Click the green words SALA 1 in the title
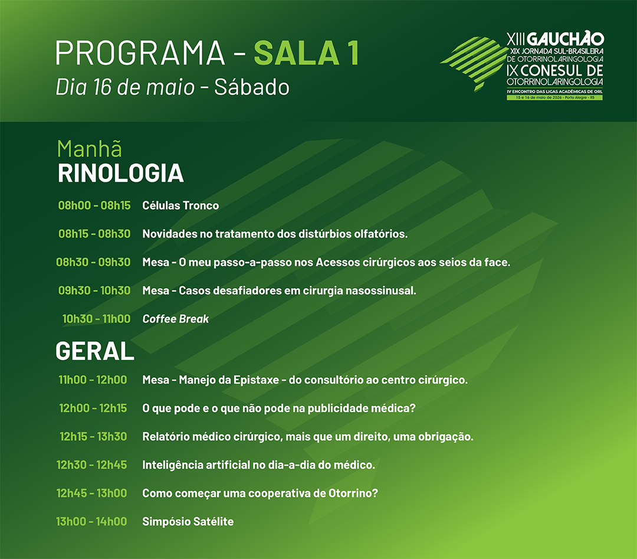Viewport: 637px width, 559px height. pos(307,53)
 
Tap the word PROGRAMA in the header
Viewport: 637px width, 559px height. pos(140,53)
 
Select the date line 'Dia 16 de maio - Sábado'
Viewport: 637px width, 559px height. pos(173,87)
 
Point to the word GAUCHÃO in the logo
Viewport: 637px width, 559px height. pos(566,40)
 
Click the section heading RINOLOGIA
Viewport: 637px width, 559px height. pos(121,173)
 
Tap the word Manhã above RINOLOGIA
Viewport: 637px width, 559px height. pos(90,148)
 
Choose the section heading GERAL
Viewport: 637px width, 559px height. pos(94,351)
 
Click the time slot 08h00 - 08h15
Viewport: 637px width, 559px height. pos(94,205)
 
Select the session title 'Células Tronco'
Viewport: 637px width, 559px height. pos(180,205)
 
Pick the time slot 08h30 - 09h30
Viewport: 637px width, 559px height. pos(93,262)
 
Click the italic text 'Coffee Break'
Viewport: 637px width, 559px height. pos(176,319)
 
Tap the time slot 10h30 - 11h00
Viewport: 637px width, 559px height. pos(96,319)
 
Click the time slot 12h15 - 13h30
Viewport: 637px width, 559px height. pos(93,437)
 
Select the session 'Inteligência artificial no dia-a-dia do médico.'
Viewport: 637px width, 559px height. pos(258,465)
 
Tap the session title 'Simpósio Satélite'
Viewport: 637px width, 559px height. pos(188,522)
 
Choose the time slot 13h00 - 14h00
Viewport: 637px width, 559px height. pos(91,522)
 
